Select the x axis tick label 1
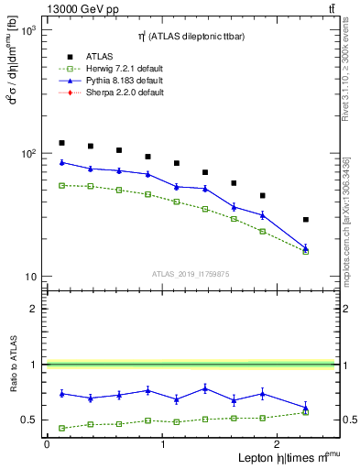162,444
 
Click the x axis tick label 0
47,444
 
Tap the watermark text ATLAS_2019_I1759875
191,273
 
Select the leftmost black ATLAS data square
61,143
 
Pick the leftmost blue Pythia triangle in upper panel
61,162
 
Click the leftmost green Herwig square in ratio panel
61,428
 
